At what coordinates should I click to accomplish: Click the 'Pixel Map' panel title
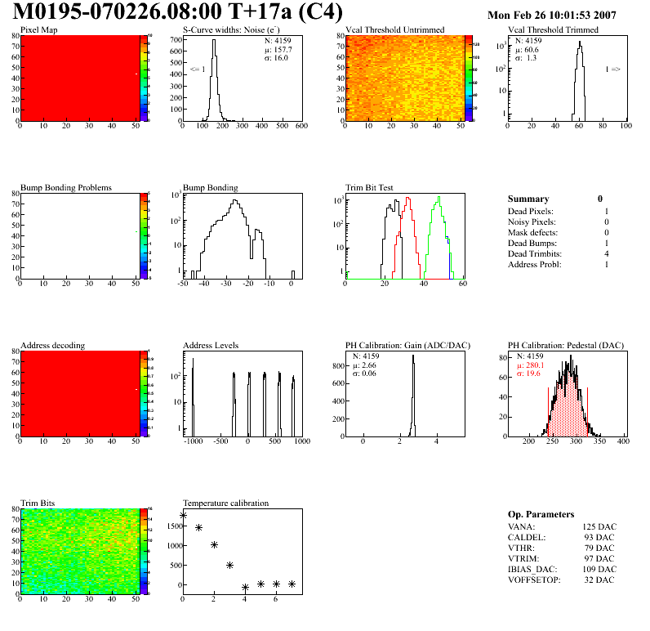click(x=38, y=30)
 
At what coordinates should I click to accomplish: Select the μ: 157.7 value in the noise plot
click(x=277, y=49)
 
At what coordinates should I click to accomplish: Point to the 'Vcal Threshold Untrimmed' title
click(x=395, y=30)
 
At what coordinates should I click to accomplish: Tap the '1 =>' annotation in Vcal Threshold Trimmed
click(x=612, y=69)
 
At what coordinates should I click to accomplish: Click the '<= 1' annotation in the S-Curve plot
click(x=197, y=69)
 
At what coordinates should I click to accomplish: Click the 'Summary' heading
click(x=528, y=199)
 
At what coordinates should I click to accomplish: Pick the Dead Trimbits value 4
click(x=605, y=253)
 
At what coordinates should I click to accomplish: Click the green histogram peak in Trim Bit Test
click(x=439, y=198)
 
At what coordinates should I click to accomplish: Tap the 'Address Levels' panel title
click(x=211, y=346)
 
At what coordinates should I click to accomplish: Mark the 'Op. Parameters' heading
click(x=541, y=514)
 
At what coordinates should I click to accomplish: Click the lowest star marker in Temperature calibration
click(x=245, y=588)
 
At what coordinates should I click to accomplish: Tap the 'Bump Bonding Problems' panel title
click(x=66, y=188)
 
